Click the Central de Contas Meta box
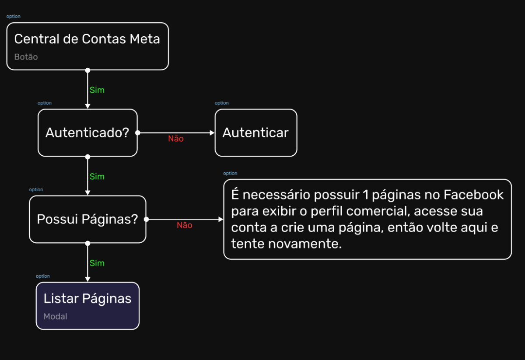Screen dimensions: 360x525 (87, 46)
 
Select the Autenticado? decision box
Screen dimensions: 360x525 (87, 133)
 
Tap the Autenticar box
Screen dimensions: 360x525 (255, 133)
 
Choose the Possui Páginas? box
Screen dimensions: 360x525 (87, 219)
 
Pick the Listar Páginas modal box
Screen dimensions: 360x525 (87, 305)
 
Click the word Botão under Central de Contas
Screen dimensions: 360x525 (26, 57)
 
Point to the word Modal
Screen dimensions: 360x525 (55, 316)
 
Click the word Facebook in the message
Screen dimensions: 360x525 (474, 195)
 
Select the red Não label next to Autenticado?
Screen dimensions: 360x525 (176, 139)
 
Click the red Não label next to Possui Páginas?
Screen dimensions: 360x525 (185, 225)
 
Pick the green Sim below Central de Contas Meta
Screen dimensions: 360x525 (97, 90)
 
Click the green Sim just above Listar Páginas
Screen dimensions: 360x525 (97, 263)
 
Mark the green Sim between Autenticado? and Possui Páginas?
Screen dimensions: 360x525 (97, 177)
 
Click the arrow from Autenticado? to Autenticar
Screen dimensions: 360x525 (192, 132)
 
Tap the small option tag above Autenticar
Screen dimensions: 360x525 (222, 103)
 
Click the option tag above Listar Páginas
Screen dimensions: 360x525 (43, 276)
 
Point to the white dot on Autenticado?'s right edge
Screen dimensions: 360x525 (137, 132)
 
